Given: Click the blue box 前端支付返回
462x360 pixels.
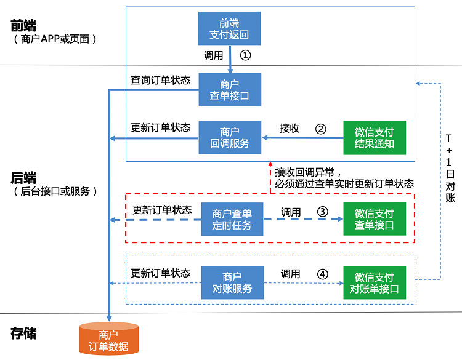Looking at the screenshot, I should tap(230, 28).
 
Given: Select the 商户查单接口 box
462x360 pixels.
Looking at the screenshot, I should tap(230, 90).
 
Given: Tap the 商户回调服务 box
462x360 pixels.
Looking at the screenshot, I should tap(230, 137).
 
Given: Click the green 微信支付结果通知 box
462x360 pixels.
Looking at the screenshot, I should tap(375, 137).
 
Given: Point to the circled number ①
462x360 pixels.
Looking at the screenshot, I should tap(245, 55).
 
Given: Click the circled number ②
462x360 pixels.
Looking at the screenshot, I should tap(320, 129).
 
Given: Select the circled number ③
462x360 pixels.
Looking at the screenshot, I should tap(322, 211).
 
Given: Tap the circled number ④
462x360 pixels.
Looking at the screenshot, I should tap(322, 273).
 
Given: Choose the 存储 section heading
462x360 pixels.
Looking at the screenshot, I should tap(23, 334).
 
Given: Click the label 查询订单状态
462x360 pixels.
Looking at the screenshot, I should tap(160, 80).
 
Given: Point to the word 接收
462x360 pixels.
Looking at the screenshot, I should tap(290, 129).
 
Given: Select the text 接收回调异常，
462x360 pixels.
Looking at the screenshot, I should tap(309, 171).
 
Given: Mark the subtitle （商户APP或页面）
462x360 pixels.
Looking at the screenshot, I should tap(55, 39).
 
